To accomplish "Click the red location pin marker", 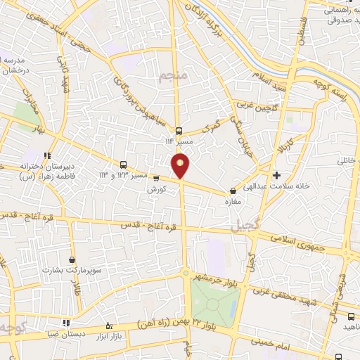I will coord(181,166).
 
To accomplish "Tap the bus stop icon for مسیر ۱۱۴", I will coord(179,130).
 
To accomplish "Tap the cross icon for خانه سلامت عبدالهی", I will coord(276,174).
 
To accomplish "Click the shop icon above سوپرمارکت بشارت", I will coord(72,259).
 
